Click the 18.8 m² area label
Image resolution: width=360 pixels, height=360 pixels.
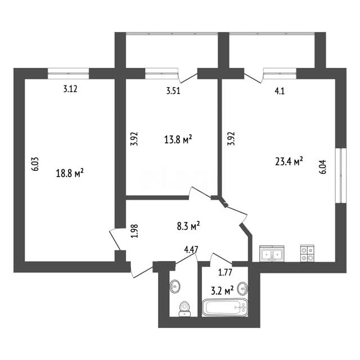(x=70, y=173)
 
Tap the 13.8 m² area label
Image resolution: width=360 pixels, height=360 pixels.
(x=178, y=139)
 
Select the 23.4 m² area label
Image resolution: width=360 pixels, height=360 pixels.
(x=289, y=161)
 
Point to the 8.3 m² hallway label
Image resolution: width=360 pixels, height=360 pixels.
(x=188, y=226)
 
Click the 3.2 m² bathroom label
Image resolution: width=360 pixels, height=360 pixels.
(x=222, y=291)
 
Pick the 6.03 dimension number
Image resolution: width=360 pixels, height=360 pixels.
(x=35, y=164)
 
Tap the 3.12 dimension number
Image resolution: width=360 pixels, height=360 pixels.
(x=70, y=89)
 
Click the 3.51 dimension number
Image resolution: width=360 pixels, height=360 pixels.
(x=173, y=91)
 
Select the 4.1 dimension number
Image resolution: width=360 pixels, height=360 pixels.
(x=280, y=91)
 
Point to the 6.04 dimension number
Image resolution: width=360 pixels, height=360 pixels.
(x=322, y=167)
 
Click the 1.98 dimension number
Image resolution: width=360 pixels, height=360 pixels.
(x=134, y=231)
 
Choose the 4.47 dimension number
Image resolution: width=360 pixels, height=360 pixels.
(x=191, y=249)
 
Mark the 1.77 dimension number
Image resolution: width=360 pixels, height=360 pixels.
(x=225, y=272)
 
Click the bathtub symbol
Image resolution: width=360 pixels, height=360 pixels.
(x=225, y=308)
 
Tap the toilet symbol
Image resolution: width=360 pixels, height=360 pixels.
(x=184, y=309)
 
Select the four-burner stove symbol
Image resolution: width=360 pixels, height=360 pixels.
(x=308, y=254)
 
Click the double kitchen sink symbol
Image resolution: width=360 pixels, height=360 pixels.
(x=272, y=254)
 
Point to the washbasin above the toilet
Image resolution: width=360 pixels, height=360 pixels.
(x=175, y=286)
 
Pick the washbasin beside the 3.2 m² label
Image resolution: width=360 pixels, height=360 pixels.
(x=242, y=289)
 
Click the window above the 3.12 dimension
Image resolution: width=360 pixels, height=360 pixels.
(x=69, y=74)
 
